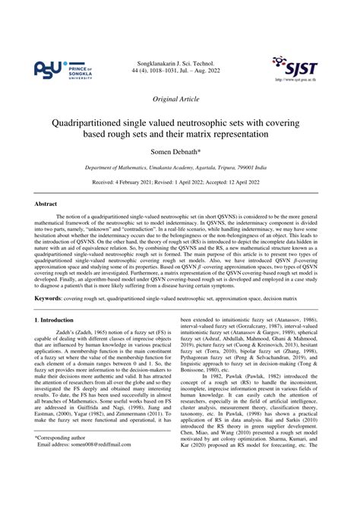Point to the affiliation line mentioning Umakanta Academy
[179, 169]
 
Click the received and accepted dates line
[179, 183]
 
